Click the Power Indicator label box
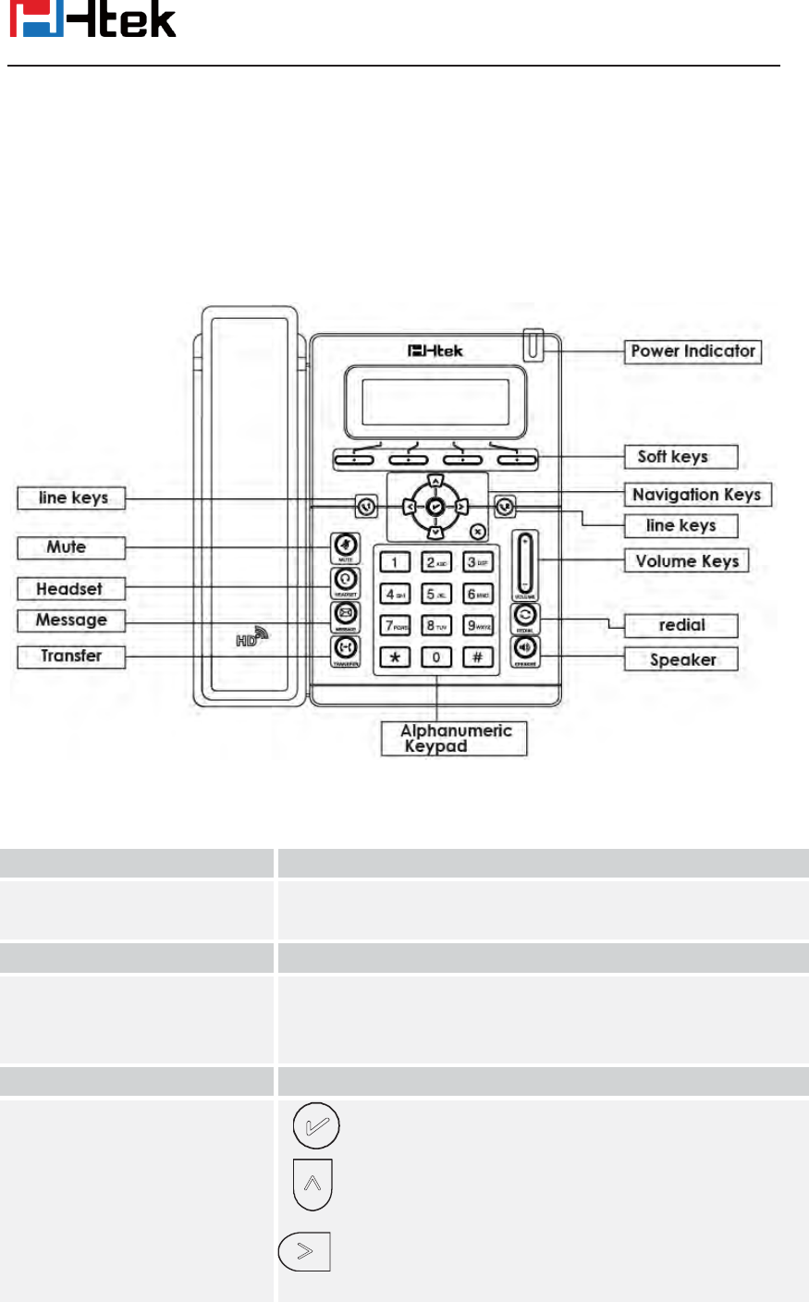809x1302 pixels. (x=693, y=351)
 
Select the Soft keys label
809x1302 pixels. (x=680, y=457)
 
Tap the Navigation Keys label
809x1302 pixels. (x=697, y=495)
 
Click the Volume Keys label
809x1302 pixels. (x=686, y=561)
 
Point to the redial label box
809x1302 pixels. (x=681, y=626)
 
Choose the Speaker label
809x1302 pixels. (x=681, y=659)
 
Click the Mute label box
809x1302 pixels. (x=70, y=547)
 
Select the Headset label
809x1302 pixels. (x=70, y=589)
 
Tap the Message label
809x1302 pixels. (x=70, y=620)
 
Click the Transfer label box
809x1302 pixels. (x=70, y=657)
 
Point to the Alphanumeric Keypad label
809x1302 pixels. (x=454, y=739)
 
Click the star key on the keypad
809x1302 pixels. (x=395, y=657)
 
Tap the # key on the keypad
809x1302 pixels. (x=477, y=657)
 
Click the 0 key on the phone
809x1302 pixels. (x=436, y=657)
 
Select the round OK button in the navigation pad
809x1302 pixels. (x=435, y=507)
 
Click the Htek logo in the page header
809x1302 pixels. (x=92, y=20)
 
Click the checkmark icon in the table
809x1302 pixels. (x=316, y=1127)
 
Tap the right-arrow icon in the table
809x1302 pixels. (x=305, y=1252)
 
